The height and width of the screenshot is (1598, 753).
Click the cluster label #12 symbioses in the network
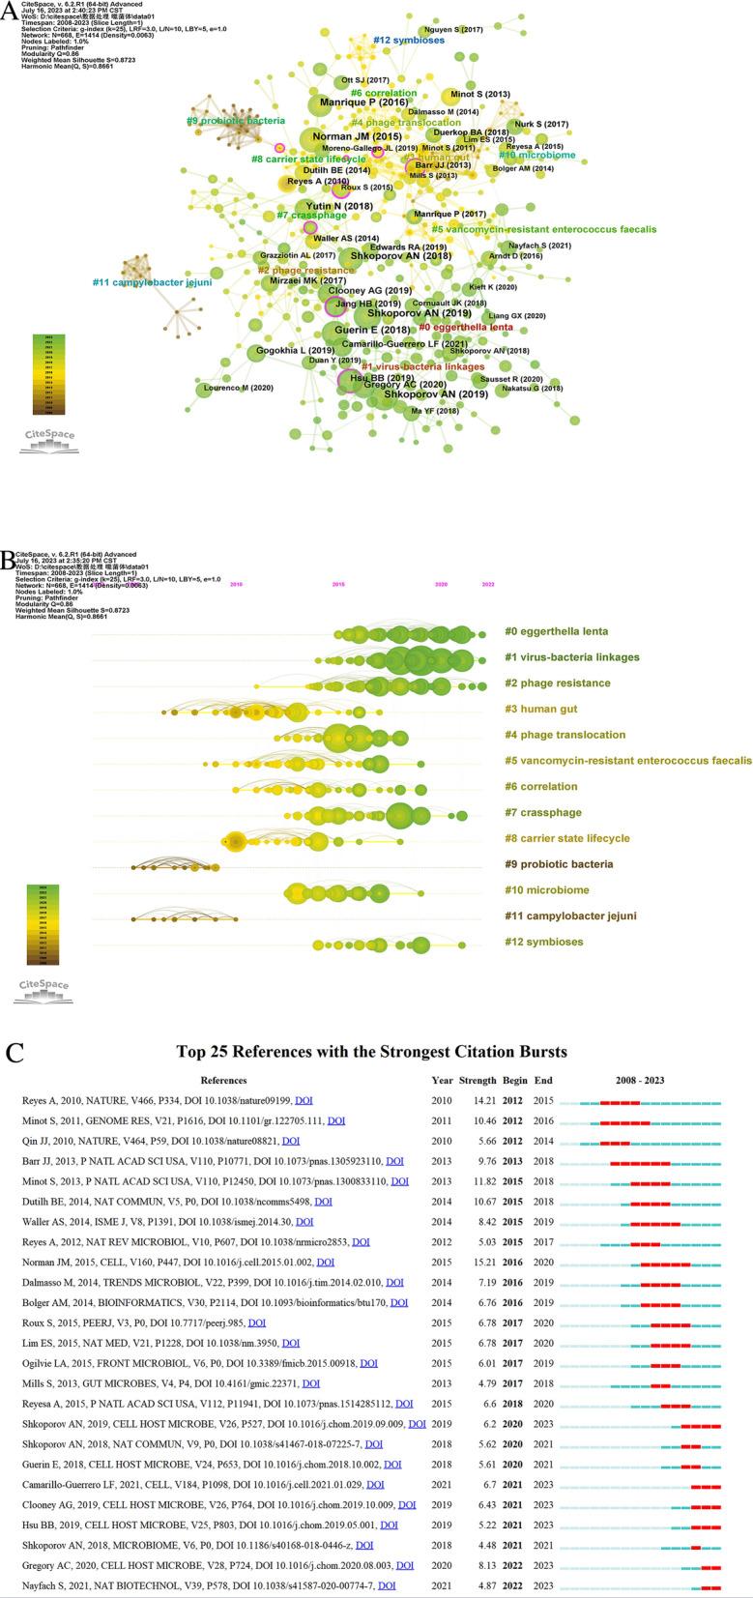click(409, 41)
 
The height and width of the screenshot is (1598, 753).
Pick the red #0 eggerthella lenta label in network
click(466, 327)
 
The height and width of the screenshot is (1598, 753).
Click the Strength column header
click(477, 1080)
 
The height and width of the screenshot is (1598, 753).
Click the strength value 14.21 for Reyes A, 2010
click(476, 1101)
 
